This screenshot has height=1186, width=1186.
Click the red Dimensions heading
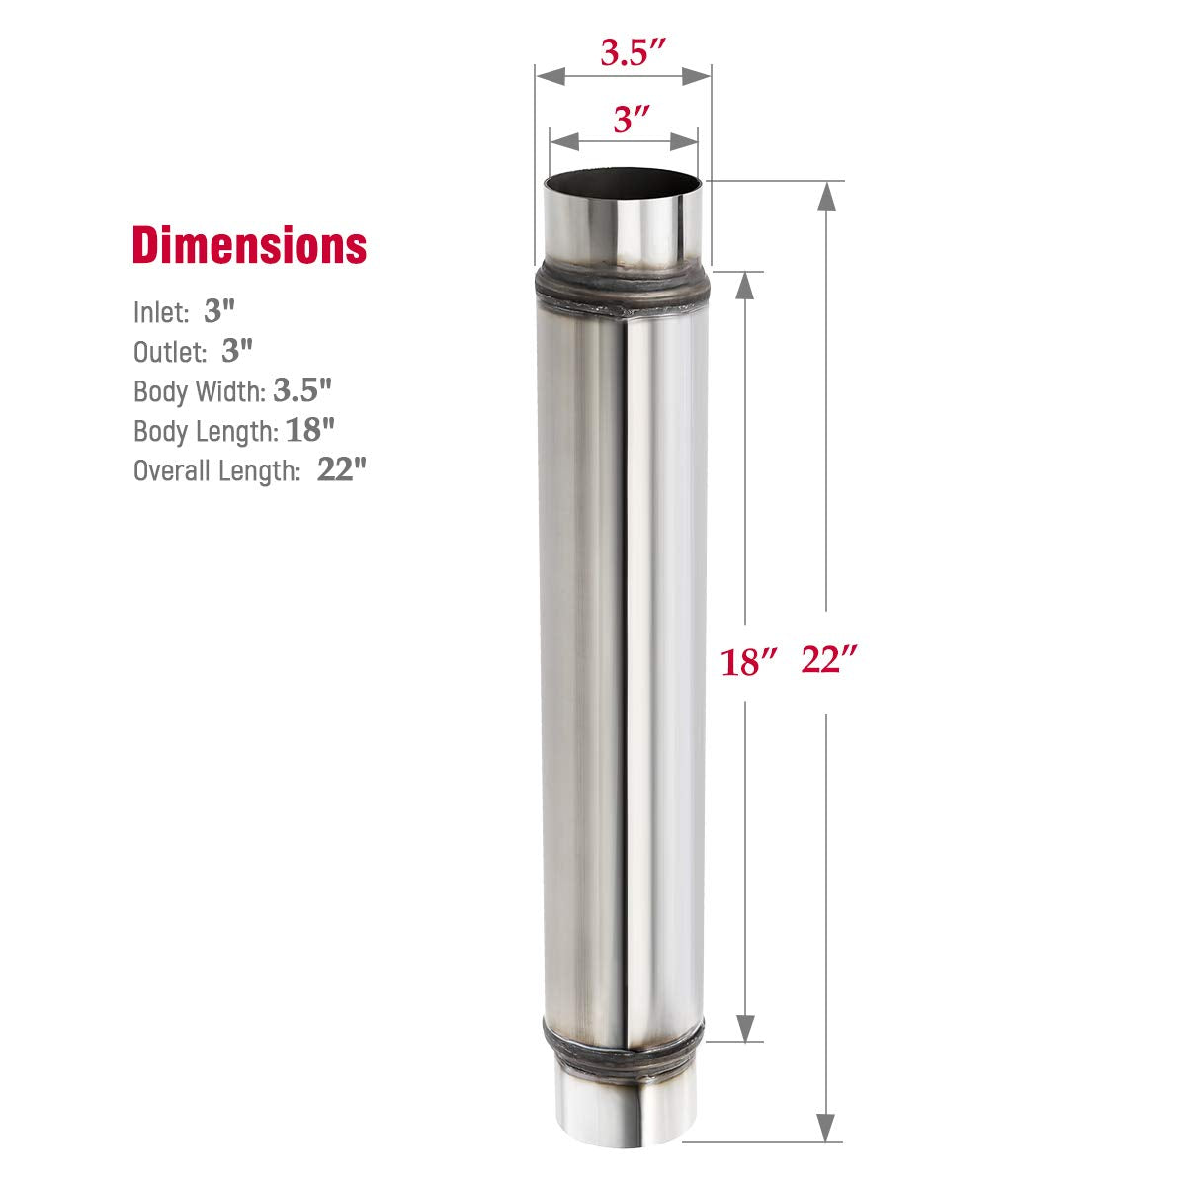[x=249, y=245]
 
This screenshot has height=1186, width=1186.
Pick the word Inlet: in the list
[x=161, y=313]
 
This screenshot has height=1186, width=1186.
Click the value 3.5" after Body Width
[x=302, y=390]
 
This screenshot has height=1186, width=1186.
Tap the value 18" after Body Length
[x=311, y=431]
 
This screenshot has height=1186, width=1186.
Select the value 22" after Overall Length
[x=342, y=470]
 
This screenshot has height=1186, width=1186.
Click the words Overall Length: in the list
[x=216, y=471]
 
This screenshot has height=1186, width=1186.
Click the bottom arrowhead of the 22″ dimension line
[x=826, y=1125]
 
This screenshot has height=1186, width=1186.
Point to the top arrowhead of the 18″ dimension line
[x=747, y=286]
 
